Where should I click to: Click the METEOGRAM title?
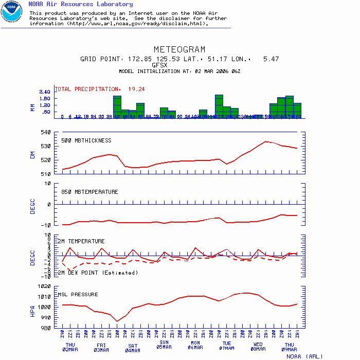(x=179, y=49)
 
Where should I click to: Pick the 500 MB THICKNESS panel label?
(x=86, y=140)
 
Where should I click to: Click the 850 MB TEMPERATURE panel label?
(x=89, y=192)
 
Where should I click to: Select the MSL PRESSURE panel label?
(x=78, y=295)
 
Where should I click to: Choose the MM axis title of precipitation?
(x=32, y=107)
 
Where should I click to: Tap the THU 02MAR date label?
(x=70, y=347)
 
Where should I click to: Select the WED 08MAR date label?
(x=258, y=347)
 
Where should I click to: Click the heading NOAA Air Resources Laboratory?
(x=80, y=4)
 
